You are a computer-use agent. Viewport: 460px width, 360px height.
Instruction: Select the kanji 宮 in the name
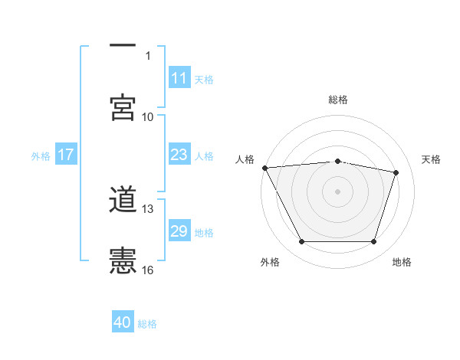(123, 107)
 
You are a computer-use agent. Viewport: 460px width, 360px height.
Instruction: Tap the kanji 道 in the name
(123, 201)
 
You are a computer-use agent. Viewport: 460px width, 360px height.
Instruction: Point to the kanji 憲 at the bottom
(123, 260)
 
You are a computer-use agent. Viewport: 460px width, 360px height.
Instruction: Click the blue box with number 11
(179, 78)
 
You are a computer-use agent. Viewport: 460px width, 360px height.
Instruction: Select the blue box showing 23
(179, 155)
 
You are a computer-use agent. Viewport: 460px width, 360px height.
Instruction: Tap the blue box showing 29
(179, 231)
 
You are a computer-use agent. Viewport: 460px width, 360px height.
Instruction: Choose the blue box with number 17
(66, 155)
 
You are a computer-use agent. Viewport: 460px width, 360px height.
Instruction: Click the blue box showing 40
(123, 322)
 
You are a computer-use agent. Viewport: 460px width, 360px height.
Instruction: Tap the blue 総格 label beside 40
(147, 324)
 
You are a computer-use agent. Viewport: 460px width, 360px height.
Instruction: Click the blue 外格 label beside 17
(41, 155)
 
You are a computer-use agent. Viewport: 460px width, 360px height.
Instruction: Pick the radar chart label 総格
(337, 100)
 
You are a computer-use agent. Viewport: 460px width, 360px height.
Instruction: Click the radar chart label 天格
(431, 159)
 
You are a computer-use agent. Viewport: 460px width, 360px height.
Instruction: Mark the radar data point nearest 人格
(264, 168)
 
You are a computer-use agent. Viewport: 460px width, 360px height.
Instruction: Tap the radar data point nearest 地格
(373, 242)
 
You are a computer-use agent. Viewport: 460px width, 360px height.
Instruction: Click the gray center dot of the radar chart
(337, 191)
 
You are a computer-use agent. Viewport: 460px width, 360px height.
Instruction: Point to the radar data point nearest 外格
(301, 242)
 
